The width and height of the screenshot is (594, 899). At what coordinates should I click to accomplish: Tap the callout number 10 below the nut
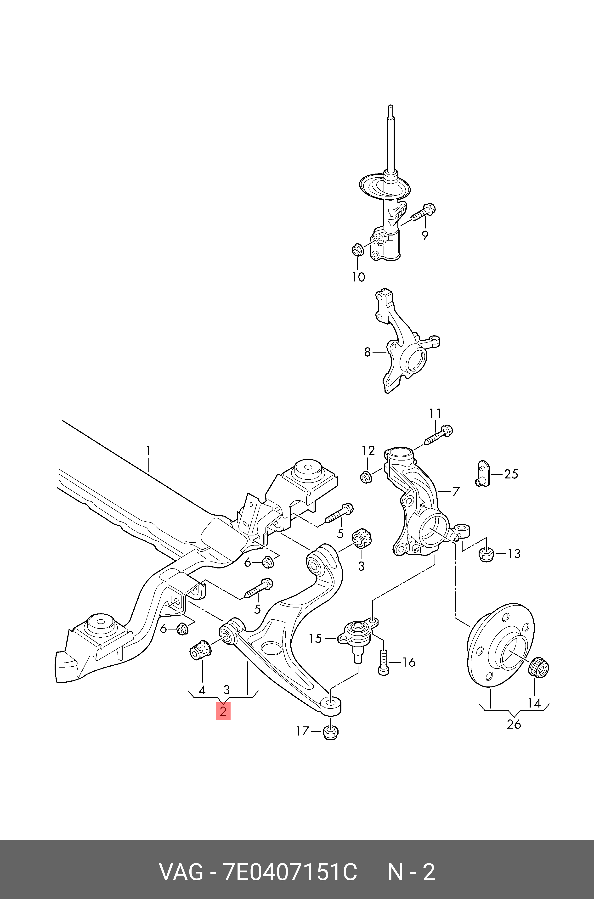click(358, 277)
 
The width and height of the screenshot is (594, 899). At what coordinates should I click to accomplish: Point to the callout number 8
click(367, 352)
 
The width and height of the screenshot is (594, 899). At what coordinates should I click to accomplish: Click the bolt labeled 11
click(439, 435)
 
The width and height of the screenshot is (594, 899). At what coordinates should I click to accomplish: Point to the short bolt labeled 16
click(383, 663)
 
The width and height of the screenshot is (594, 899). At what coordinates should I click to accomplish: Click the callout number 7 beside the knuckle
click(456, 492)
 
